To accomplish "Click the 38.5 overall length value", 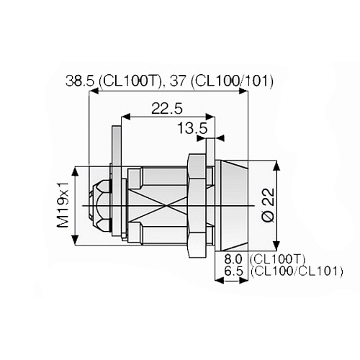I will pos(80,81).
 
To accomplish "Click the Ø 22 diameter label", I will pos(267,205).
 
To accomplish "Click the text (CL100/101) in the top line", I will pos(235,81).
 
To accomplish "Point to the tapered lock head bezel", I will pos(232,205).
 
